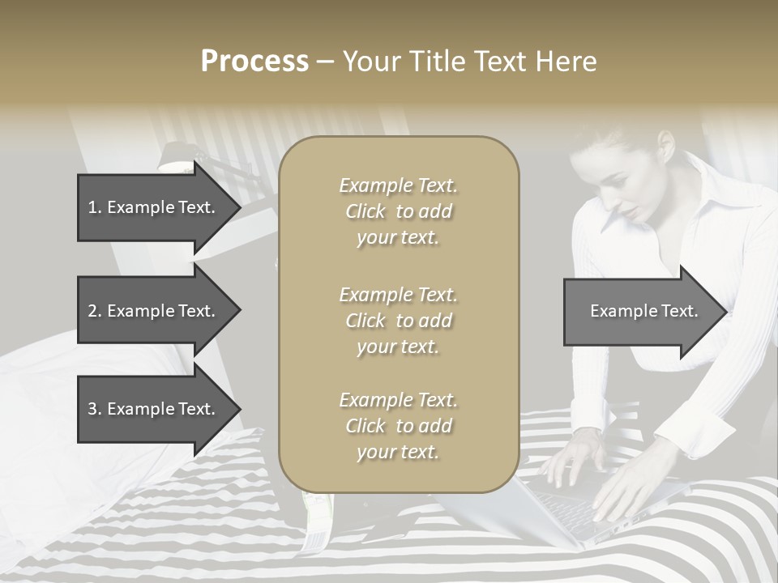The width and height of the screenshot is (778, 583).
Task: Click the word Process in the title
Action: pyautogui.click(x=254, y=62)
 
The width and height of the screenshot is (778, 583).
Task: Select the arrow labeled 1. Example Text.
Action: pyautogui.click(x=154, y=207)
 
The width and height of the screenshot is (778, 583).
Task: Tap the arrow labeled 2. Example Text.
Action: pyautogui.click(x=154, y=311)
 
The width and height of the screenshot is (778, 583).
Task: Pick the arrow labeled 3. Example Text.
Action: pyautogui.click(x=154, y=409)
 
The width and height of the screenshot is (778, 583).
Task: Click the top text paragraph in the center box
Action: pyautogui.click(x=398, y=211)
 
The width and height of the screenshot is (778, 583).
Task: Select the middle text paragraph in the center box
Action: pyautogui.click(x=398, y=320)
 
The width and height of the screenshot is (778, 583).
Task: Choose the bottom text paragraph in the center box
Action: pyautogui.click(x=398, y=426)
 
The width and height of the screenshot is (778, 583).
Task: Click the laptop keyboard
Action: pyautogui.click(x=567, y=510)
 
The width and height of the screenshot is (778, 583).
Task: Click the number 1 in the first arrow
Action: pyautogui.click(x=92, y=207)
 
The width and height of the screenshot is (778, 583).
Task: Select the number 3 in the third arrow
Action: pyautogui.click(x=92, y=409)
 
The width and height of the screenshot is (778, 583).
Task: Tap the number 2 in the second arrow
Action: pyautogui.click(x=92, y=311)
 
